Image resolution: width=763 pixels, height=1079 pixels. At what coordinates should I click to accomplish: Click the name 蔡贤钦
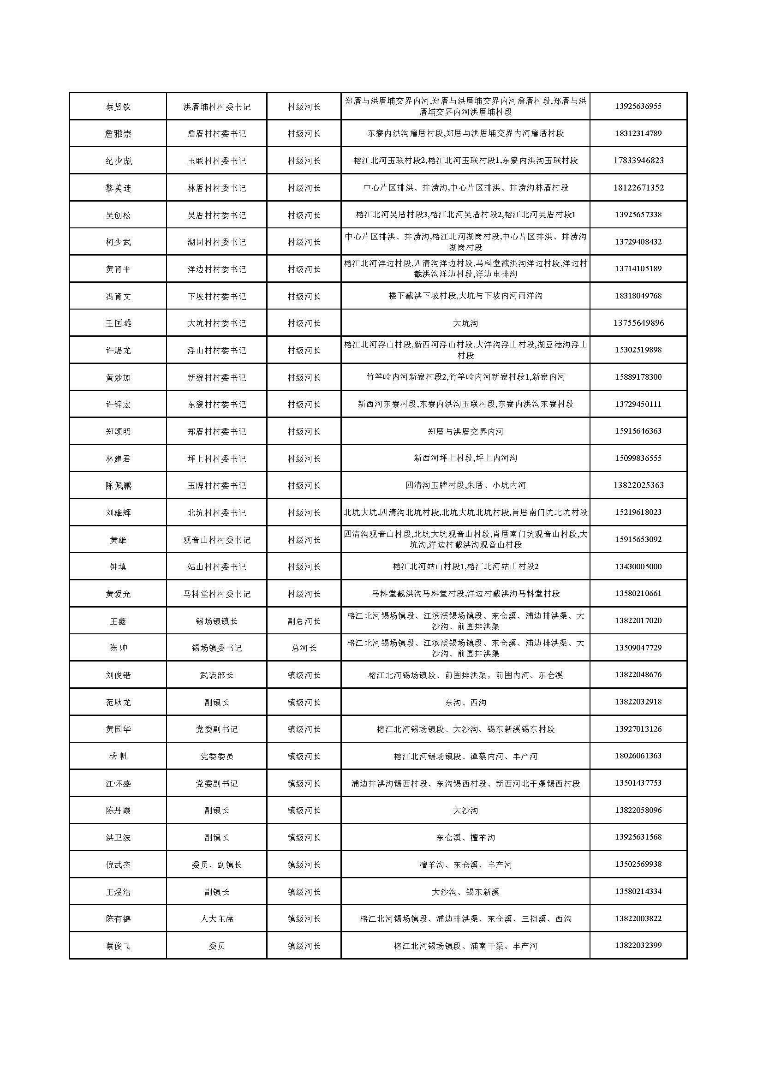tap(118, 107)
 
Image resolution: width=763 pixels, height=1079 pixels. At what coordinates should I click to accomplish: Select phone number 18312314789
tap(638, 133)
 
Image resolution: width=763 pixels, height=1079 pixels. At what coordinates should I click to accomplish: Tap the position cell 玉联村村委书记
tap(217, 161)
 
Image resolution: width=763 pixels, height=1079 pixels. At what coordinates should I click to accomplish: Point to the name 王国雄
tap(118, 323)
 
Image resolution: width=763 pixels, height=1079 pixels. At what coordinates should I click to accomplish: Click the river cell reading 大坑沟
tap(465, 323)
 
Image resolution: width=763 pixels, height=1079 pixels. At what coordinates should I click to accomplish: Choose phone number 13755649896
tap(638, 323)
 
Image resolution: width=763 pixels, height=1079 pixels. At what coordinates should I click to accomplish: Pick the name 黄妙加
tap(118, 377)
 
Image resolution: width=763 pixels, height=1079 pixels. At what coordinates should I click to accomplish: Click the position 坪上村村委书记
tap(217, 459)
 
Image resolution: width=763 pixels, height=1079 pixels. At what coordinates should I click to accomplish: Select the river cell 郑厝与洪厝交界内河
tap(465, 431)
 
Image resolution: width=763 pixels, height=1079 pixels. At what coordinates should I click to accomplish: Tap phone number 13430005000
tap(638, 567)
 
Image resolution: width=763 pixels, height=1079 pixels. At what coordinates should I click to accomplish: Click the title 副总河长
tap(304, 621)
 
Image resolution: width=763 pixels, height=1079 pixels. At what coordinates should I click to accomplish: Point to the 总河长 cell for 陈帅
tap(304, 648)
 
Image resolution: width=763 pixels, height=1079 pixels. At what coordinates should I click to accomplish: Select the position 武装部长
tap(217, 675)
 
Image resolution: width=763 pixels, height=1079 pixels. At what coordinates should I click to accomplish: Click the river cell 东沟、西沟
tap(465, 703)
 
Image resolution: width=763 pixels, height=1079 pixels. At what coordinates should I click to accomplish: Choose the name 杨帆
tap(118, 756)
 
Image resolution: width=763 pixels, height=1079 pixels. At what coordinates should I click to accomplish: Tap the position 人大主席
tap(217, 919)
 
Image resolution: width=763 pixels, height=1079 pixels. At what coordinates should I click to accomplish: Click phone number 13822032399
tap(638, 946)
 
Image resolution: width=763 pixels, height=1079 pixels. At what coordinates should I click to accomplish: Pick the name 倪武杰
tap(118, 864)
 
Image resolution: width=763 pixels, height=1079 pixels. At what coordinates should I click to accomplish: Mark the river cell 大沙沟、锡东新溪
tap(465, 892)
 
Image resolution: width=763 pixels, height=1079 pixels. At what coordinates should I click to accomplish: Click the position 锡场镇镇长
tap(217, 621)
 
